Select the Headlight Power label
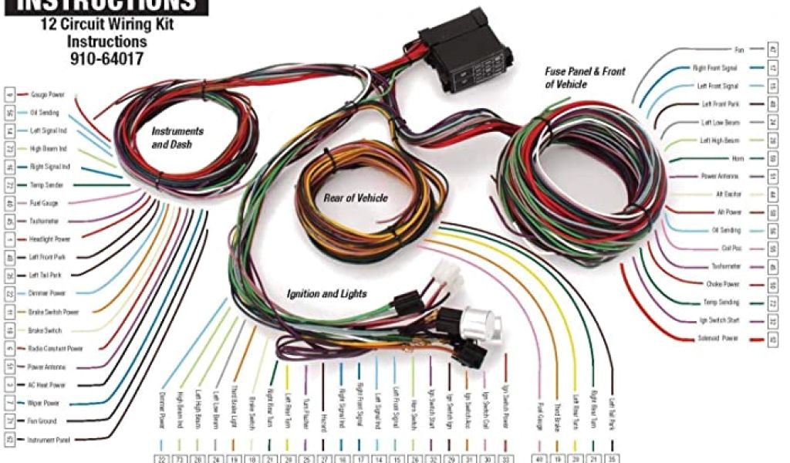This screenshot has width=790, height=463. coord(50,238)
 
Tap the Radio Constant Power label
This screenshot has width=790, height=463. coord(56,348)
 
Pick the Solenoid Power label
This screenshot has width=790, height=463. coord(717,339)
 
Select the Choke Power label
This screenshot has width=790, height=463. coord(721,284)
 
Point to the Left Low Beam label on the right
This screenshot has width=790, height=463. coord(720,122)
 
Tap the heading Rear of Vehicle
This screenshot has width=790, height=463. coord(355,198)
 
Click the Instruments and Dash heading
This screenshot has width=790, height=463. coord(177,137)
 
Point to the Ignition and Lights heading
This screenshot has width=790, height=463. coord(326,294)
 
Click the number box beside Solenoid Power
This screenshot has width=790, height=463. coord(772,339)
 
